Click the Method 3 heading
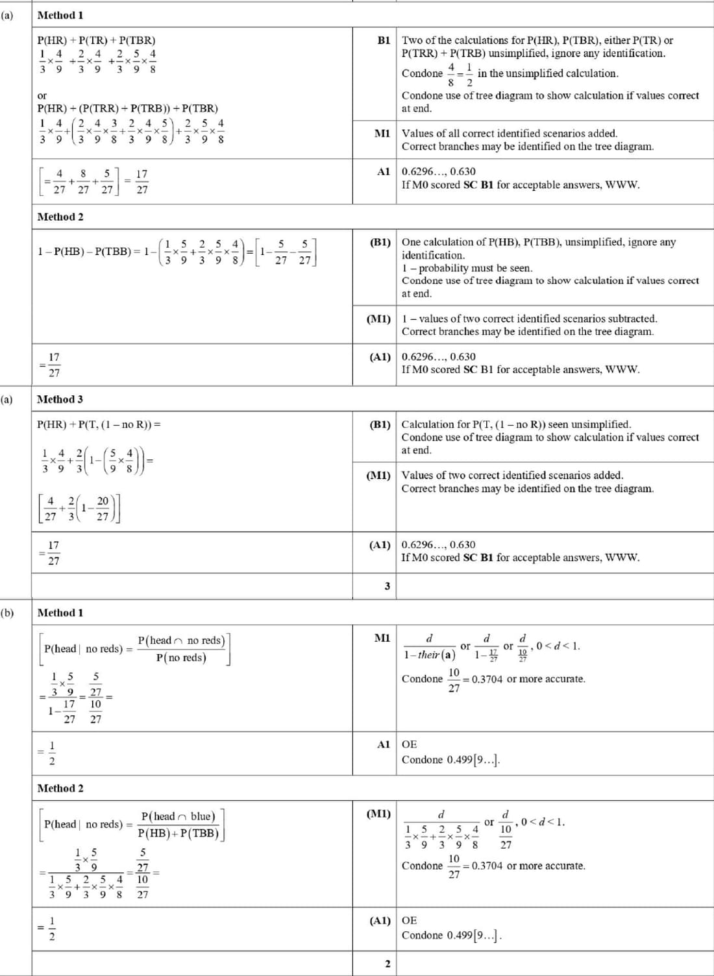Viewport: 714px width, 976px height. (60, 399)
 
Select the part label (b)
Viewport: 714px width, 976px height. (7, 612)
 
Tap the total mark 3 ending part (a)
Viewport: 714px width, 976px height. (387, 586)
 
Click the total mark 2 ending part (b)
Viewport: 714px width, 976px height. (387, 964)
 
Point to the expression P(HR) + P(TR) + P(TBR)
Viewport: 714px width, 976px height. (96, 40)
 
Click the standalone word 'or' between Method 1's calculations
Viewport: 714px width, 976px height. (42, 95)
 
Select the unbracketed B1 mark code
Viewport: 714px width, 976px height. (384, 40)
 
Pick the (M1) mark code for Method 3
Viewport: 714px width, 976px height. (379, 476)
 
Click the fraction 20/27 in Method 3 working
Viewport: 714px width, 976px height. (103, 509)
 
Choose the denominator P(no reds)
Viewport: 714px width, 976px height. (181, 657)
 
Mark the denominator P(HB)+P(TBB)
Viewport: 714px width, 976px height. (178, 833)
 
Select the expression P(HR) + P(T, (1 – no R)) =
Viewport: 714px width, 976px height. (99, 424)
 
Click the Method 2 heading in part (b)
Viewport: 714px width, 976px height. (60, 788)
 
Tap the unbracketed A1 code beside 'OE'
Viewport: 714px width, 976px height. (384, 744)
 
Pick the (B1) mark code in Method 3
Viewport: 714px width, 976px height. (380, 424)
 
